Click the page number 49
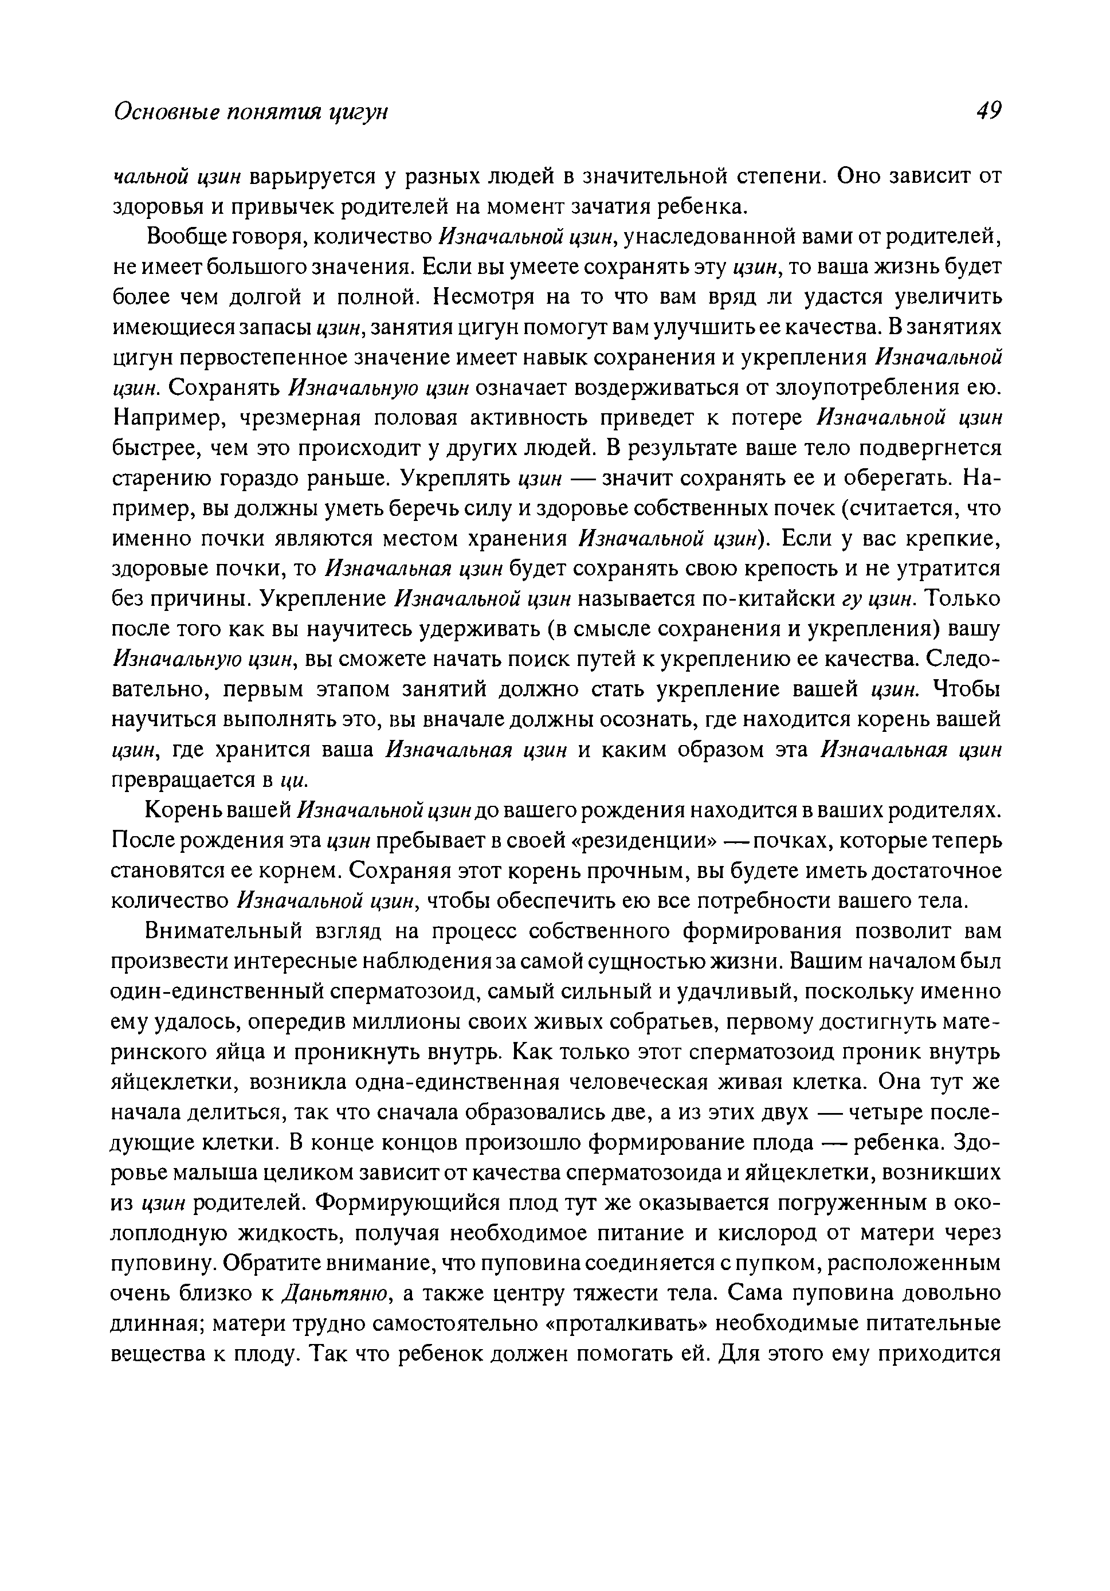click(x=987, y=110)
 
